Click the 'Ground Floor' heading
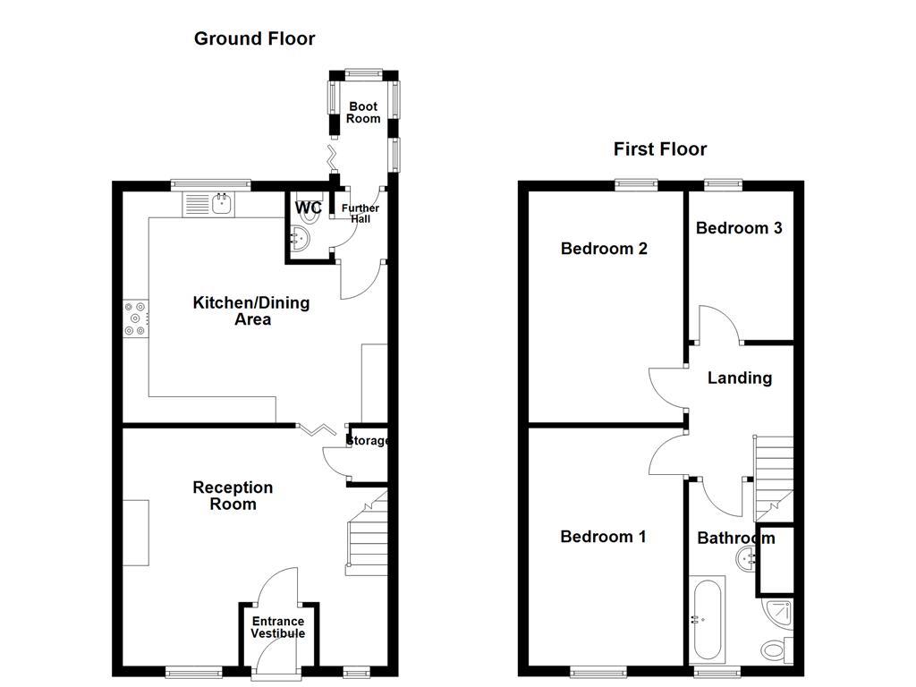coord(254,38)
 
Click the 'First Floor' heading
coord(659,149)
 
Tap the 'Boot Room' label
coord(363,113)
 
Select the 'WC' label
coord(309,208)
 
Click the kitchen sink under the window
coord(208,205)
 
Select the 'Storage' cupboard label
coord(368,441)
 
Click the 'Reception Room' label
coord(233,496)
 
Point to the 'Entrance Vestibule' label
coord(277,627)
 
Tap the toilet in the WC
coord(301,238)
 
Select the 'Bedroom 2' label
coord(604,249)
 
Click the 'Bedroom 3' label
coord(739,228)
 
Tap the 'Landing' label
coord(739,378)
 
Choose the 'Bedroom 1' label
coord(603,537)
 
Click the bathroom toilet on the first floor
coord(775,649)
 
